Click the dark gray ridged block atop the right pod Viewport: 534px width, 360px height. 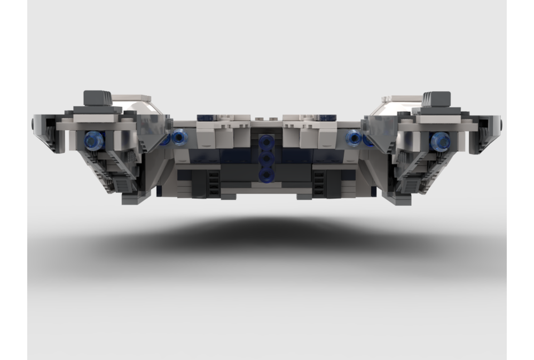[x=437, y=99]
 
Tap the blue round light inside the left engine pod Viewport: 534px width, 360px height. [x=94, y=140]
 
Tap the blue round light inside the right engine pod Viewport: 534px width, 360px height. [x=440, y=140]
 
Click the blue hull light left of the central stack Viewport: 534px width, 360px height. [x=179, y=138]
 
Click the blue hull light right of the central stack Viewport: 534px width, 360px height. [x=354, y=138]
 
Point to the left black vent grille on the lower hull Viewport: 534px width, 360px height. [x=213, y=183]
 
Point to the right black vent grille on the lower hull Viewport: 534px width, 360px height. [x=319, y=183]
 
